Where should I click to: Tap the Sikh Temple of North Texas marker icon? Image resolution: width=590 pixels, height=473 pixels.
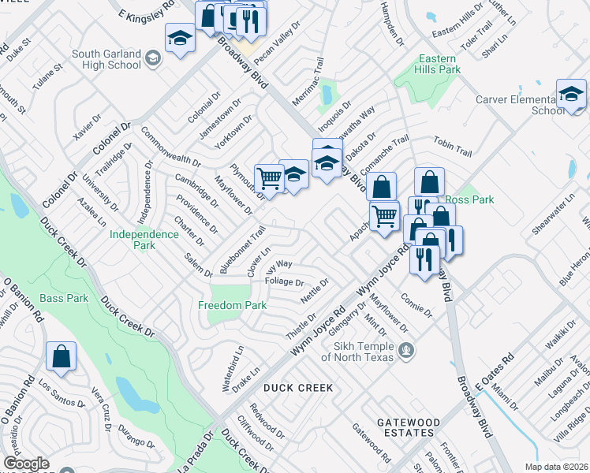coord(406,349)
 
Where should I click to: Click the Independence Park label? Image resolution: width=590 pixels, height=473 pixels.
coord(144,240)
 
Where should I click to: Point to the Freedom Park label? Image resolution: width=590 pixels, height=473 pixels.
coord(231,305)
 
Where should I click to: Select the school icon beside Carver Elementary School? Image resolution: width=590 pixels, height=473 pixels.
coord(570,95)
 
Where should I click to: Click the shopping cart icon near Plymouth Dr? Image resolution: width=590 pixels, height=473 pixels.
coord(269,179)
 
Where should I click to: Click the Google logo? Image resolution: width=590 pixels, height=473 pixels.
coord(26,464)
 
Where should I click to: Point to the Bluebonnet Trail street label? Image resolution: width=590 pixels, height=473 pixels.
coord(242,250)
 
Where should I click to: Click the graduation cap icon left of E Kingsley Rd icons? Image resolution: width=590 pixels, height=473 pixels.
coord(180,37)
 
